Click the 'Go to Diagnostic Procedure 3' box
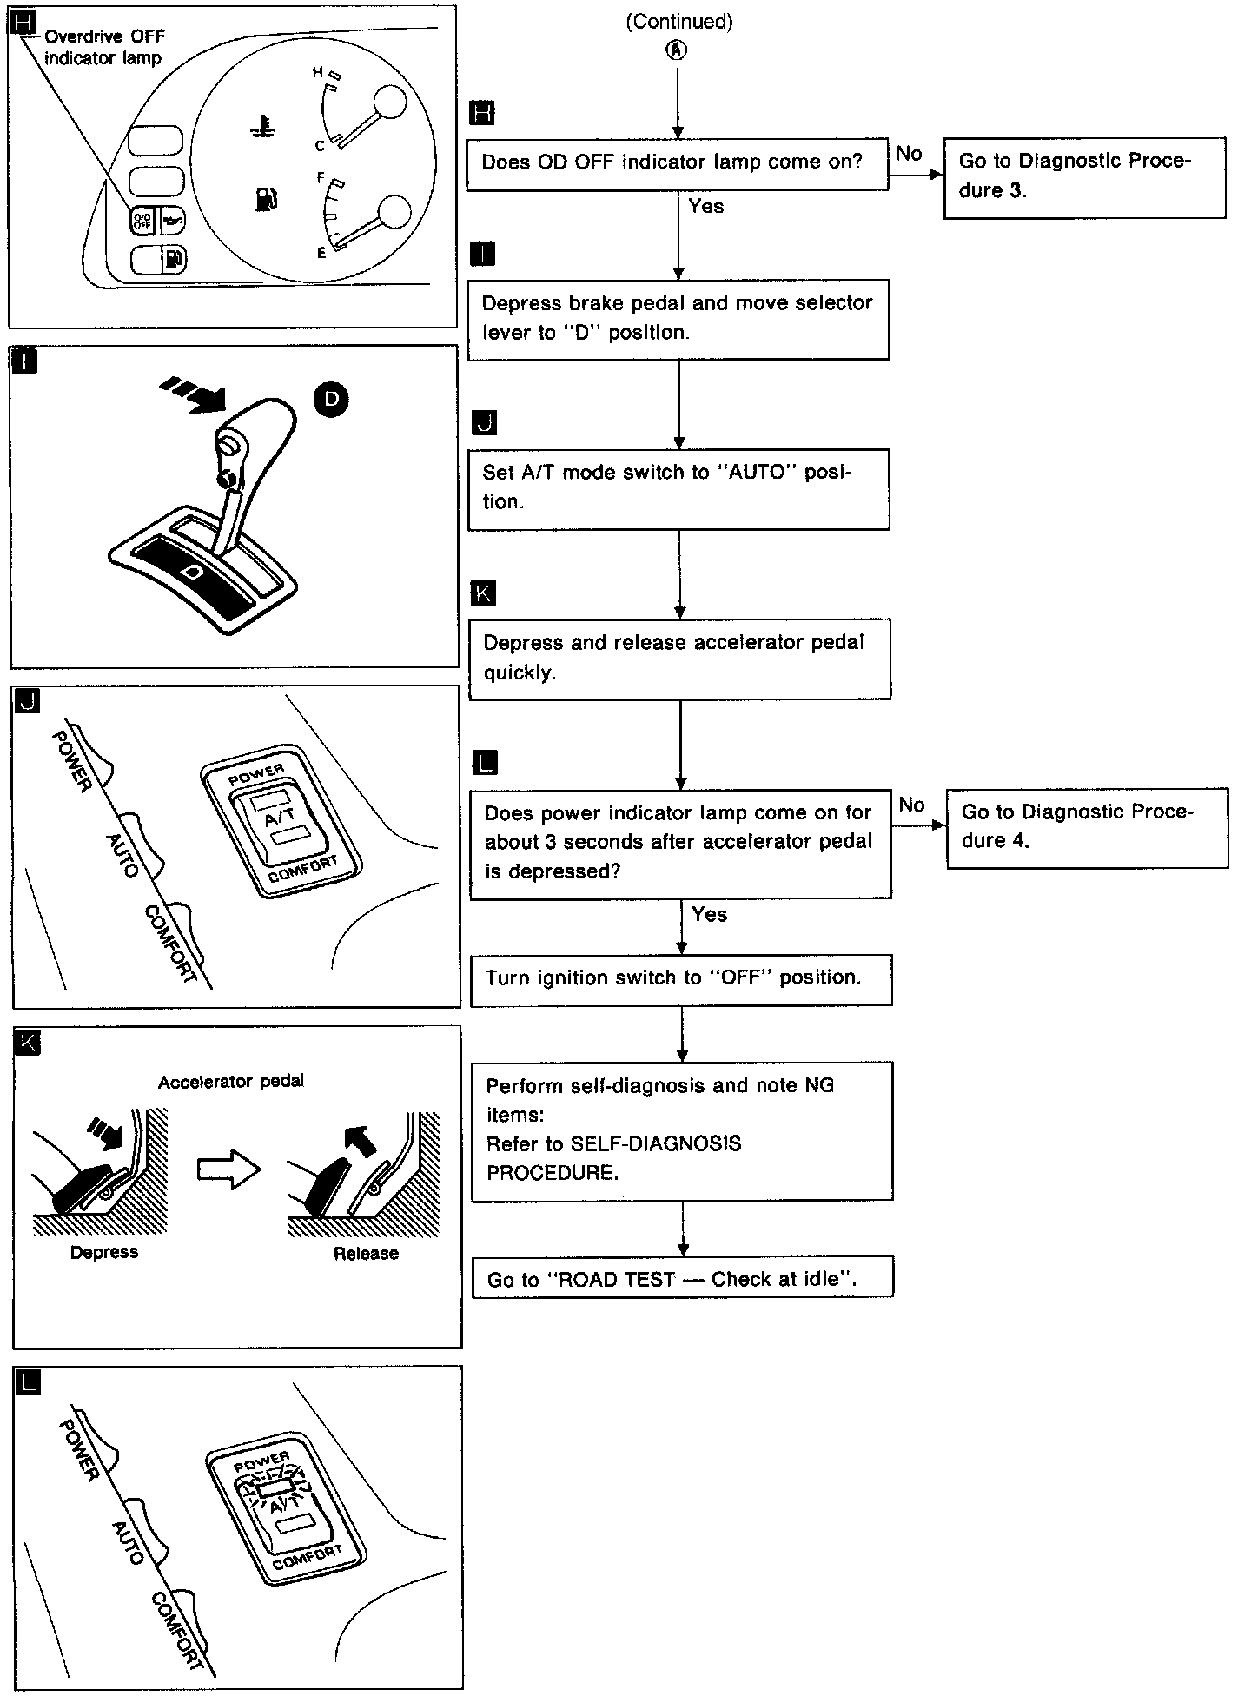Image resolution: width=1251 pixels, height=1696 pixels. point(1084,176)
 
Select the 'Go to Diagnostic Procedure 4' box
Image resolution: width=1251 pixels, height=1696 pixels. point(1087,827)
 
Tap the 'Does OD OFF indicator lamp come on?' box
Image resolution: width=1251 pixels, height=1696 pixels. point(677,162)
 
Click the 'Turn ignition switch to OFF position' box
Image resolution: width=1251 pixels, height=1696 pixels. point(681,979)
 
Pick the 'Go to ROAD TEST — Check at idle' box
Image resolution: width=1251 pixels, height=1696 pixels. point(682,1280)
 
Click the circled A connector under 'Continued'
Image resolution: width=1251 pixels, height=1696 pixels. point(677,50)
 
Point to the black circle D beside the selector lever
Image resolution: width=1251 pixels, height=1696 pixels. point(331,399)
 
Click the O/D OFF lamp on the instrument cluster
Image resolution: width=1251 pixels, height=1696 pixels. point(141,222)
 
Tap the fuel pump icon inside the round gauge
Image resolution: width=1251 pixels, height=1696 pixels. point(265,199)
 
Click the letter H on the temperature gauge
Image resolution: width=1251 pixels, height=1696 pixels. point(318,72)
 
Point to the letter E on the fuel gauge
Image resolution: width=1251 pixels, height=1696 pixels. point(321,253)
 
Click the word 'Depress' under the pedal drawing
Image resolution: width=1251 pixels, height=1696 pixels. point(104,1252)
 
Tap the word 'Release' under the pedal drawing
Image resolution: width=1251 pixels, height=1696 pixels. point(366,1254)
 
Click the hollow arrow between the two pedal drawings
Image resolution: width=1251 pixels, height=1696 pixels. point(229,1169)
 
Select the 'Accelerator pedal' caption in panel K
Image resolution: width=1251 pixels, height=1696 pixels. point(231,1082)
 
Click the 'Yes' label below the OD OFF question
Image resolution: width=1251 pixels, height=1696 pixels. point(705,207)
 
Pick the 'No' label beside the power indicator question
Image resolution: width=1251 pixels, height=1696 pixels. point(911,805)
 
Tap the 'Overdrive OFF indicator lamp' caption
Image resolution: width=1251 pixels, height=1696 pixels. point(103,48)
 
